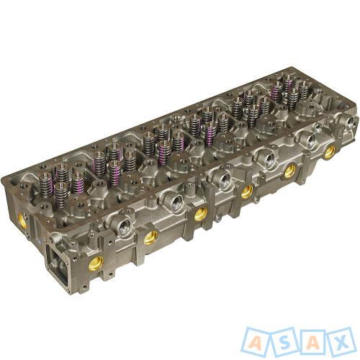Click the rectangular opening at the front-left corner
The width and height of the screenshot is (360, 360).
[58, 264]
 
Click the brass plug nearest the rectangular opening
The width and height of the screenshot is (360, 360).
[95, 263]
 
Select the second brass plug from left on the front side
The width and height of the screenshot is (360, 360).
[151, 237]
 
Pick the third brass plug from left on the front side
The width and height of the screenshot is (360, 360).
[201, 214]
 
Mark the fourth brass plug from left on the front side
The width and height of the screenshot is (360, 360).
[247, 192]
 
